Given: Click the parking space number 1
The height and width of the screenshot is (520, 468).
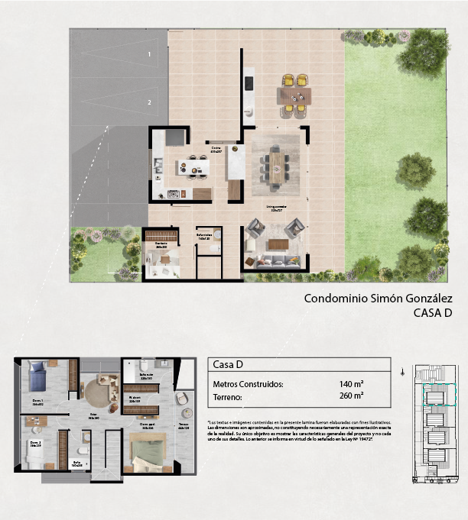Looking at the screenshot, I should [150, 54].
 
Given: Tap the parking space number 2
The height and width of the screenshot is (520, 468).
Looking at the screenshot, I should [150, 102].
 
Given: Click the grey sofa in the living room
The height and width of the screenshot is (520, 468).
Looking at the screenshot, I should [273, 261].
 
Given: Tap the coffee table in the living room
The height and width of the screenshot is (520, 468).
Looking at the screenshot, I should [278, 244].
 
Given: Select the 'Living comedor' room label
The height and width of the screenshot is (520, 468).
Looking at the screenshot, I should [276, 207].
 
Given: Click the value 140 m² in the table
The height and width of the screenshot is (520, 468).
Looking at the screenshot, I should [351, 384].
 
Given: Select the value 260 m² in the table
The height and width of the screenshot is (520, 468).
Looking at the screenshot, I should [351, 396].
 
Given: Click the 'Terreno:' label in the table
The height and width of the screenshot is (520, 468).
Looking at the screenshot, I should [228, 397].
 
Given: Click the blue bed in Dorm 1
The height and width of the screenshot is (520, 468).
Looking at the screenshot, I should [39, 376].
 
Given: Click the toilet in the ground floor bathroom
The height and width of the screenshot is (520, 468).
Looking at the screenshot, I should [216, 235].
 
